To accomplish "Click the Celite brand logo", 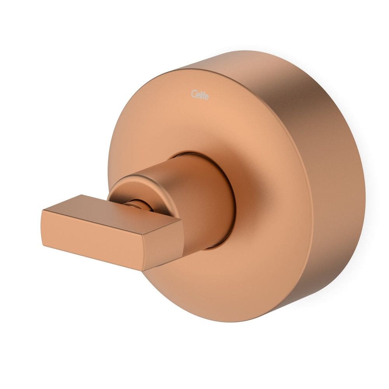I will point(200,95).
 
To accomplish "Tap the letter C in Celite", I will point(193,93).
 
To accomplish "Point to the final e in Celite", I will point(206,96).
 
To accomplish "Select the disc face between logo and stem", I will point(198,124).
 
